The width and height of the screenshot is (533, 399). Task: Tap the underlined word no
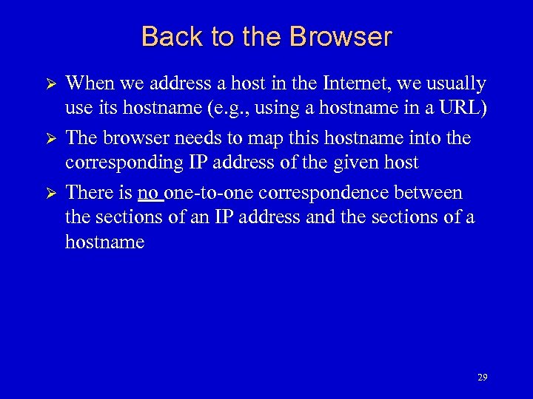coord(149,193)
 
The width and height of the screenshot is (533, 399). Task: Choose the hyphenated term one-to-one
coord(208,193)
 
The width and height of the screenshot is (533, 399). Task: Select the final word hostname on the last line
coord(104,242)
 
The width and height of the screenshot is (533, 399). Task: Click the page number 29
coord(483,378)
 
